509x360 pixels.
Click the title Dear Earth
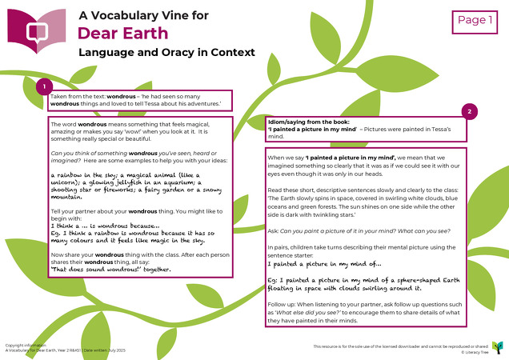click(x=122, y=33)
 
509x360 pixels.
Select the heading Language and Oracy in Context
click(x=166, y=52)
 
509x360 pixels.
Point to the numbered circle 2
click(x=470, y=112)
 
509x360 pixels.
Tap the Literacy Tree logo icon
click(x=498, y=346)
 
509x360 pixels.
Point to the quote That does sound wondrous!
click(x=110, y=270)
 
